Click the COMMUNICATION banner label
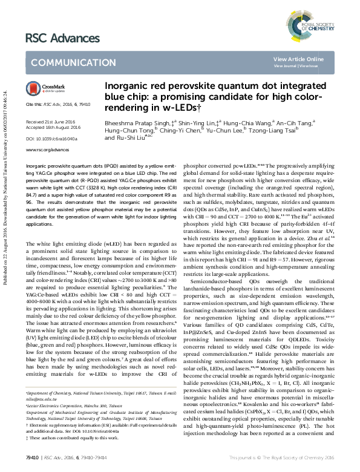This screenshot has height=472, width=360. (65, 63)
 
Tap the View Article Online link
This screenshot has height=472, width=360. (298, 59)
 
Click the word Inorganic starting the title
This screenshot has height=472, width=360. (123, 87)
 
